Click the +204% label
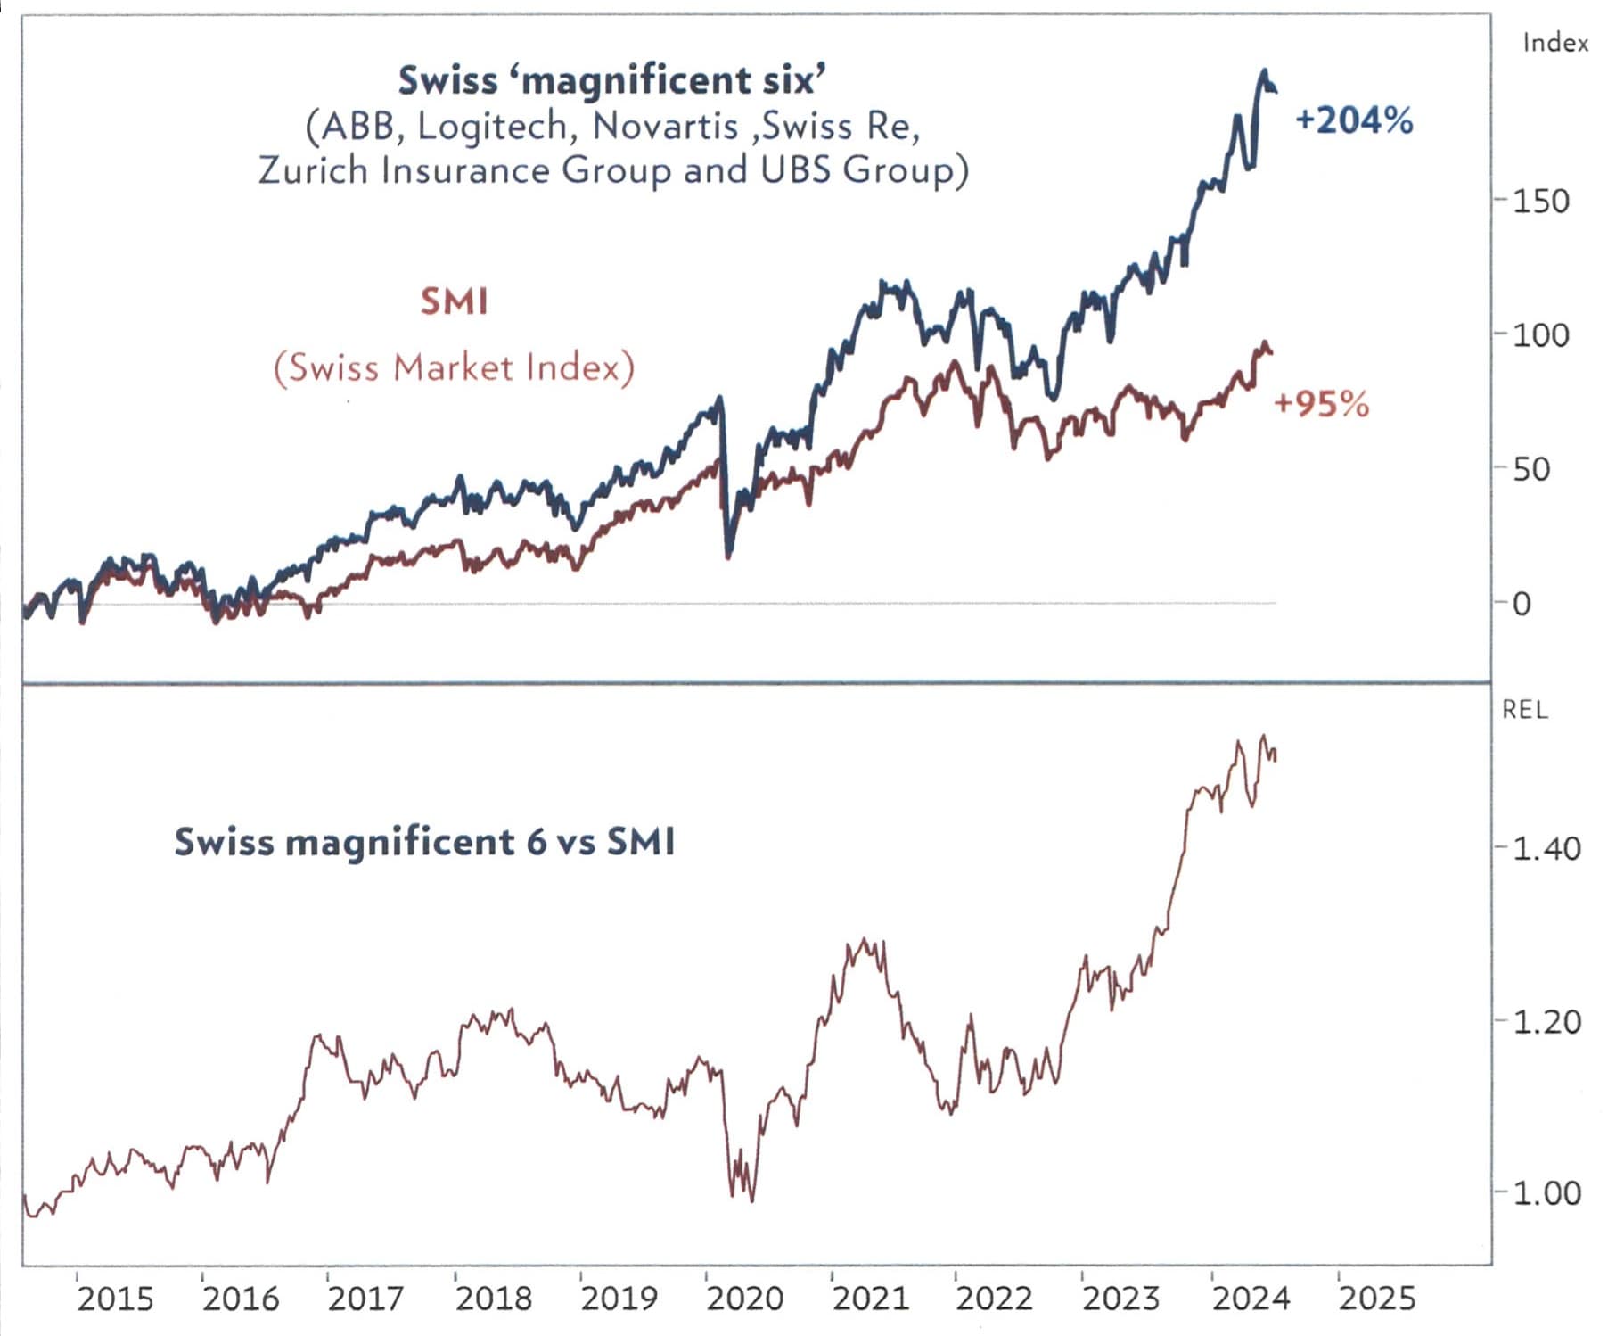[x=1353, y=120]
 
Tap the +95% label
[x=1321, y=404]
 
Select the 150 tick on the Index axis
[x=1540, y=201]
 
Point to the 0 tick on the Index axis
[x=1522, y=604]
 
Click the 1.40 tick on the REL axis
[x=1546, y=847]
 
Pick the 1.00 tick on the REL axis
[x=1546, y=1192]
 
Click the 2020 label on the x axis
[x=744, y=1299]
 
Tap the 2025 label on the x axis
[x=1376, y=1299]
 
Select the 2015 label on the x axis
[x=115, y=1299]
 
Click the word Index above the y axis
[x=1554, y=43]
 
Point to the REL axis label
[x=1524, y=710]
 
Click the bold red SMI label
[x=454, y=301]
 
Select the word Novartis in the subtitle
[x=665, y=126]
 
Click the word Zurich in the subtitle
[x=313, y=169]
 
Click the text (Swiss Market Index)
[x=454, y=367]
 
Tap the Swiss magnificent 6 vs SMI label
[x=424, y=841]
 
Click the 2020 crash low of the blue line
[x=728, y=553]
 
